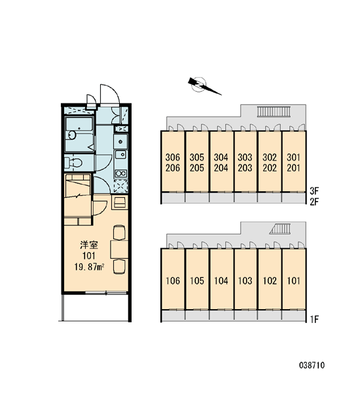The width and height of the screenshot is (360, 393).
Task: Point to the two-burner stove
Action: click(120, 173)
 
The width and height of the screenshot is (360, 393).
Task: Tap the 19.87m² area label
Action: click(89, 267)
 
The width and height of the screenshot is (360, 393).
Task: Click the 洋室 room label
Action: click(89, 245)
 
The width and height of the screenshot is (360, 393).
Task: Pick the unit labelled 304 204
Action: click(221, 162)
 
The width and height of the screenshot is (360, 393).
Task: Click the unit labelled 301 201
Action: click(294, 162)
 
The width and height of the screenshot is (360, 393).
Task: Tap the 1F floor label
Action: click(314, 320)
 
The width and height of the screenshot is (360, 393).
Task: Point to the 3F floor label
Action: click(314, 191)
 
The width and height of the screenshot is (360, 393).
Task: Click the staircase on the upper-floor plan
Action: click(274, 111)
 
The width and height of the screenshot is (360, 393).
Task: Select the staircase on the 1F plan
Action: click(280, 229)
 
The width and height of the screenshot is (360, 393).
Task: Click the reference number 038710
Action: click(312, 365)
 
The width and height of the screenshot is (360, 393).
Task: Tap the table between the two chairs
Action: click(119, 250)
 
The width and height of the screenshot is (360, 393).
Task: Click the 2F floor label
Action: click(314, 201)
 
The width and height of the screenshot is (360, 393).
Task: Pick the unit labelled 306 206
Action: click(173, 162)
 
